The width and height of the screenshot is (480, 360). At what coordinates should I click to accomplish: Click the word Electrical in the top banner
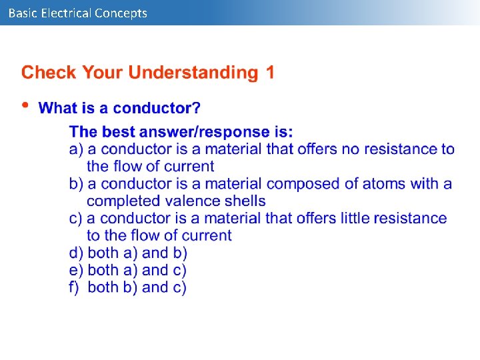point(66,13)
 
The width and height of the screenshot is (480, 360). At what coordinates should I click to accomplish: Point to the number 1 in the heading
point(269,73)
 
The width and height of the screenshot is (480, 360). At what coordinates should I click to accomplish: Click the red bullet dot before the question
point(25,105)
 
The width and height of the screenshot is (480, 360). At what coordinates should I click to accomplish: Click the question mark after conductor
point(197,108)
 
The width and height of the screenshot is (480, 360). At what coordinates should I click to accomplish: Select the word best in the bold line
point(119,132)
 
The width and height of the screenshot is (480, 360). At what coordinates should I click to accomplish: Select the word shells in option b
point(243,201)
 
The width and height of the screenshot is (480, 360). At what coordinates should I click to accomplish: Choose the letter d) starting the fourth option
point(76,253)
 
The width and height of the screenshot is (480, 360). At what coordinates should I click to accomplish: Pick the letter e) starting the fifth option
point(76,270)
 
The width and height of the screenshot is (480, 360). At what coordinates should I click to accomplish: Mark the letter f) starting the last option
point(75,287)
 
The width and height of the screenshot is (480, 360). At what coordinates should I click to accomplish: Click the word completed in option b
point(120,201)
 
